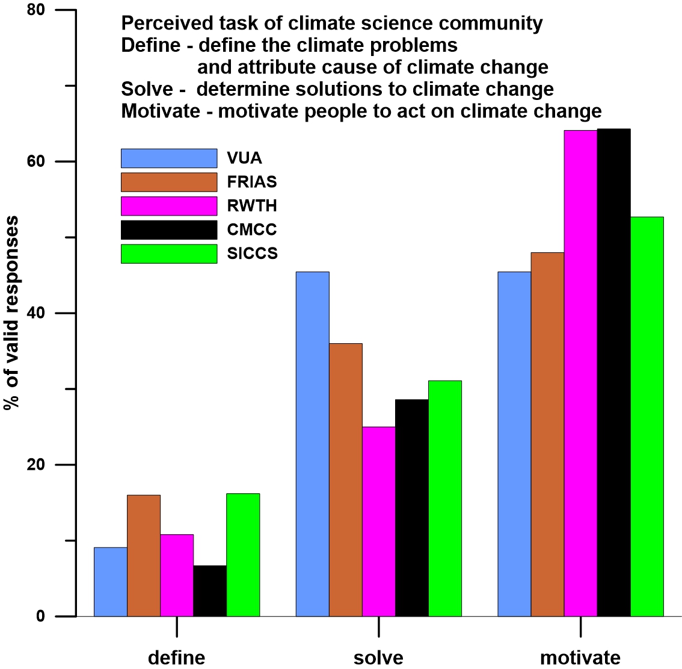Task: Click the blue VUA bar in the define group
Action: click(111, 582)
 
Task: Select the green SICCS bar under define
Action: click(243, 555)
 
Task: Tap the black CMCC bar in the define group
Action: click(210, 591)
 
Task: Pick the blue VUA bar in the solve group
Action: click(313, 444)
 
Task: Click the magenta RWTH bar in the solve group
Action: click(379, 521)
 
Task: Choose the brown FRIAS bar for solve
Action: click(346, 480)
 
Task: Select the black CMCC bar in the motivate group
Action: click(613, 372)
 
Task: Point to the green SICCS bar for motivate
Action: click(647, 416)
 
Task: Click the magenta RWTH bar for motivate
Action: click(580, 373)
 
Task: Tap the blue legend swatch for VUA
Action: click(169, 158)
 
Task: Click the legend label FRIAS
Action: click(252, 182)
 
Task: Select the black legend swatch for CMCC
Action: click(169, 230)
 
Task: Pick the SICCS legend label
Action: click(253, 254)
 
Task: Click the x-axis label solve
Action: click(378, 657)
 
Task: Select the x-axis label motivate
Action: click(580, 657)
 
